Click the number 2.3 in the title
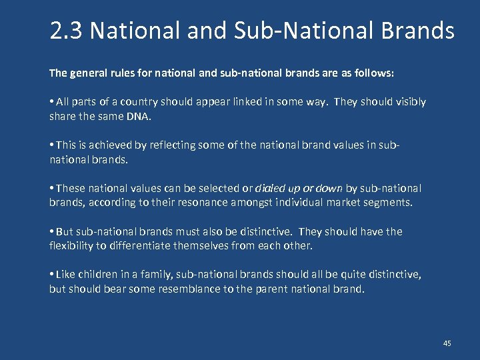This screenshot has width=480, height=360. point(66,31)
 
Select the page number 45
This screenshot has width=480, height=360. point(447,343)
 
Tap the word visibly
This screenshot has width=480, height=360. point(409,102)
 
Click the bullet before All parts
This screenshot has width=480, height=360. point(52,102)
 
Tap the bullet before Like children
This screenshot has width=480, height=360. point(52,275)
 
